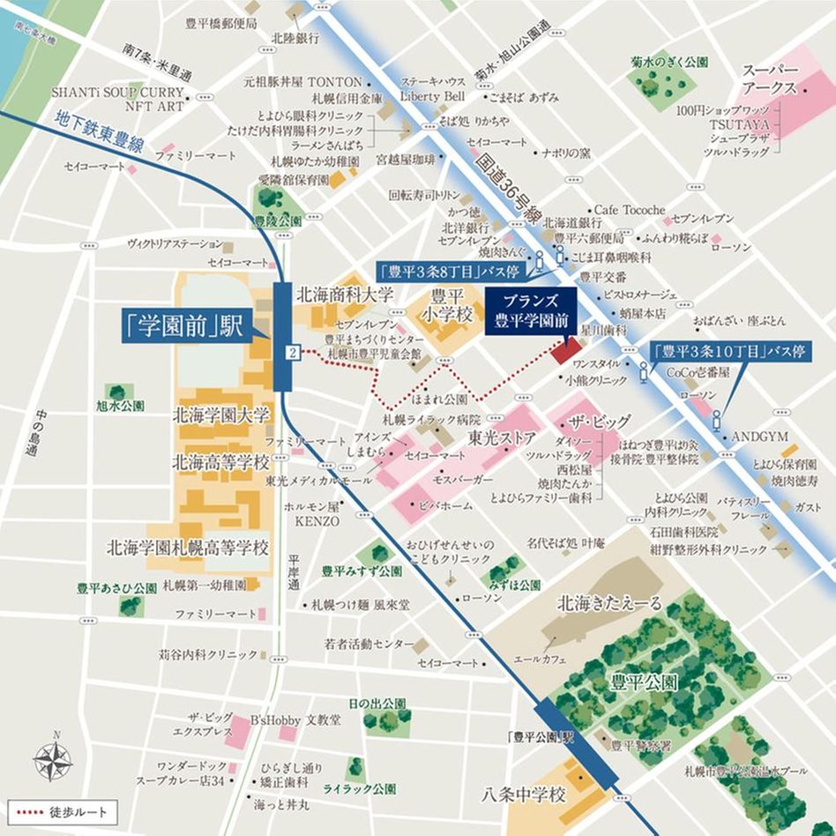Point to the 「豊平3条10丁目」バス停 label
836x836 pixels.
(729, 351)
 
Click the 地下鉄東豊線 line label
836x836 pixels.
(98, 131)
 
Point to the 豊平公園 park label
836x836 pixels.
(646, 682)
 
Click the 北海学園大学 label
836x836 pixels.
(220, 414)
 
